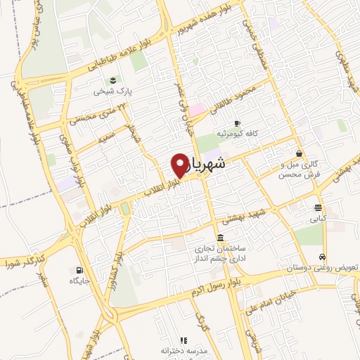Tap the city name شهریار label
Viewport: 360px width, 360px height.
click(x=208, y=163)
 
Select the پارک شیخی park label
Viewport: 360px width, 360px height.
click(x=114, y=90)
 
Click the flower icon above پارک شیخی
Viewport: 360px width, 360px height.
click(x=112, y=78)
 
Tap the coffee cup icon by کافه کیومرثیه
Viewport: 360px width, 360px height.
click(x=237, y=121)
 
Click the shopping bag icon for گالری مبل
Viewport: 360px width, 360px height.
click(x=300, y=153)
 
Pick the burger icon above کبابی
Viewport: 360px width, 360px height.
click(x=319, y=207)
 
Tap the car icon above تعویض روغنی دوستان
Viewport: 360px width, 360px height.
click(x=322, y=257)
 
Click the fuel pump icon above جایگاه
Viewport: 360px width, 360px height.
click(x=77, y=270)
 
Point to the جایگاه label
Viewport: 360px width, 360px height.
click(x=79, y=281)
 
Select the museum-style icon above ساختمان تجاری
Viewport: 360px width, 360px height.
click(x=221, y=237)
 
